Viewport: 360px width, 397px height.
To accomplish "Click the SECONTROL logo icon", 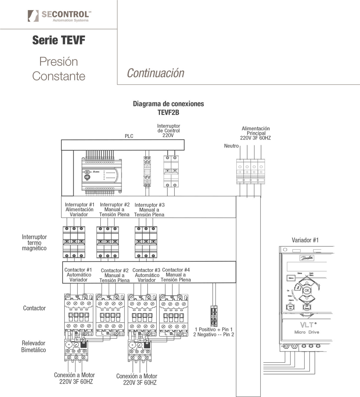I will pos(33,16).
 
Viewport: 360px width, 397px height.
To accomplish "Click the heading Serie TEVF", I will pos(59,40).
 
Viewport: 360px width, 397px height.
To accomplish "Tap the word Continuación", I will pos(156,73).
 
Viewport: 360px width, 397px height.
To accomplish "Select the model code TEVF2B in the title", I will pos(168,112).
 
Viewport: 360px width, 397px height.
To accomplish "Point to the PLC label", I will pos(129,136).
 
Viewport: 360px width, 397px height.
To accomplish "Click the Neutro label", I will pos(231,146).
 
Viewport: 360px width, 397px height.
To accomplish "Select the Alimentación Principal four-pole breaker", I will pos(251,171).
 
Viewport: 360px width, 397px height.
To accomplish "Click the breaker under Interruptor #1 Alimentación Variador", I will pos(74,242).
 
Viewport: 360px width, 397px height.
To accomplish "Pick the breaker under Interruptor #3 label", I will pos(146,242).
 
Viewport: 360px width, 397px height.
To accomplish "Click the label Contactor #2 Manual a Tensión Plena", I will pos(115,275).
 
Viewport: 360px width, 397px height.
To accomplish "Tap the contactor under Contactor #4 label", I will pos(174,315).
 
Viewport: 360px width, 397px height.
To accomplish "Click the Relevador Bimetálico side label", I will pos(34,346).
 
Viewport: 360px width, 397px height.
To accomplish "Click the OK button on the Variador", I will pos(307,290).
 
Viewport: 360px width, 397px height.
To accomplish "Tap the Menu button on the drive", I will pos(291,278).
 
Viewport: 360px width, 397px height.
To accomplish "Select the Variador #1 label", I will pos(305,240).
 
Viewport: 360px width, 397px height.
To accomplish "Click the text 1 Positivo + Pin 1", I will pos(214,329).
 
